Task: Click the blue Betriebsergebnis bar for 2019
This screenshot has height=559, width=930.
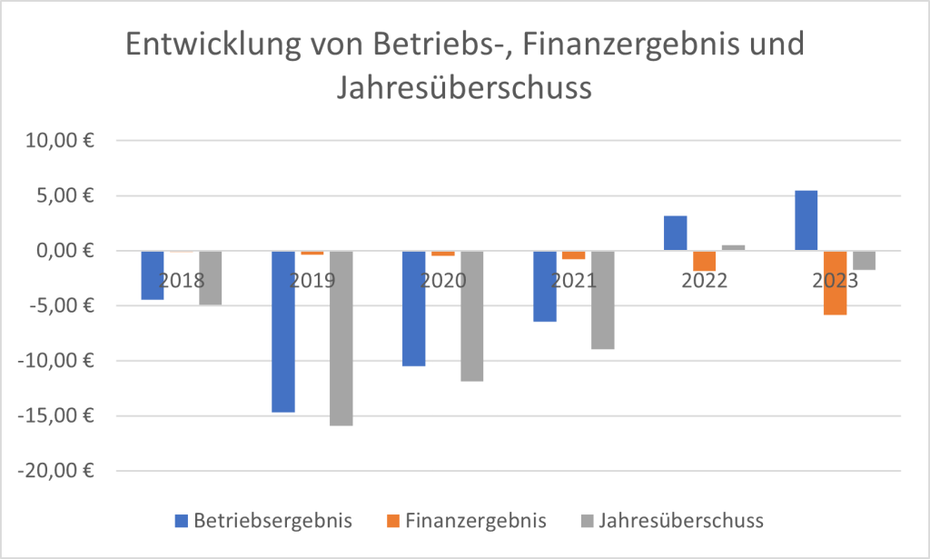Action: point(283,332)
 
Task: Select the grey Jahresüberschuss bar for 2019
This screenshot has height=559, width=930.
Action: point(341,338)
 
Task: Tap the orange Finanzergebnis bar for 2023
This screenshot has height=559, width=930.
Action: point(836,283)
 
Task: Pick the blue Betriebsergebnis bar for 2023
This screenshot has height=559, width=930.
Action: point(806,221)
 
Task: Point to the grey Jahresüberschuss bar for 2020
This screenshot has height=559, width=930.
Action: point(472,316)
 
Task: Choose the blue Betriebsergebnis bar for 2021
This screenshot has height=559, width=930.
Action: point(545,286)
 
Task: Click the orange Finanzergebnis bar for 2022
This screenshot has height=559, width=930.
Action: point(705,261)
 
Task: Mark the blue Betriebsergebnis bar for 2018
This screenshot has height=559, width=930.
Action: point(153,275)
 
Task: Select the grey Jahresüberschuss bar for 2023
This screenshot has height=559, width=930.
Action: point(865,260)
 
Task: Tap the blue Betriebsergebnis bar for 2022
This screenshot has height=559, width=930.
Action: point(676,234)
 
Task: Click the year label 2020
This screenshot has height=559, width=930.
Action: point(443,280)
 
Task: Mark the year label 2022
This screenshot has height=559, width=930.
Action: point(705,280)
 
